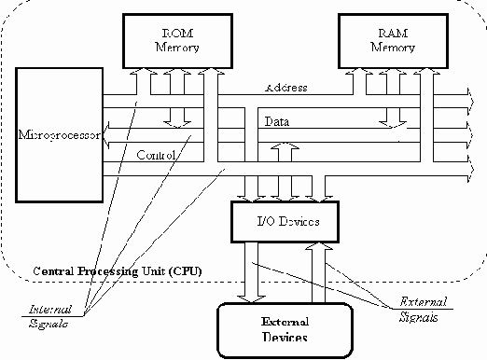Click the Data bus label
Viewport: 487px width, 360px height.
pos(276,121)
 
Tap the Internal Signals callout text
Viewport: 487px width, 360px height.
pos(46,314)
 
